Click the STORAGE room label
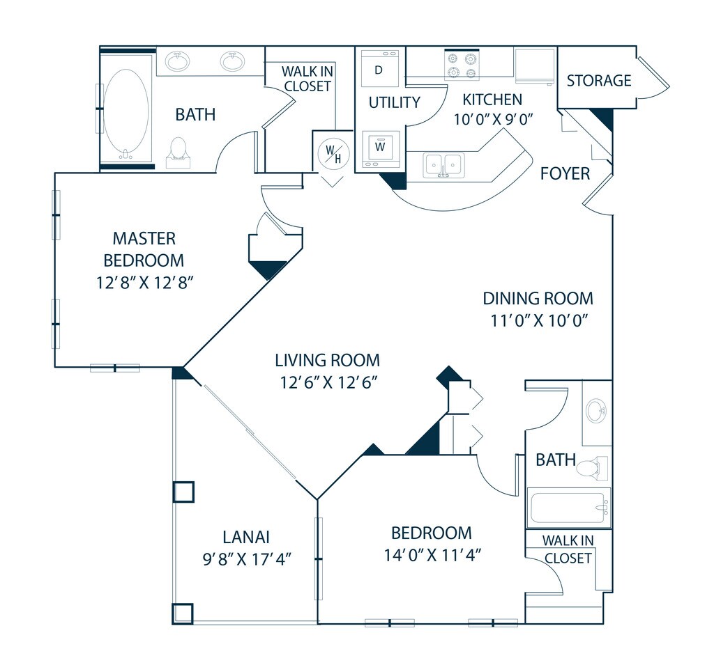(x=599, y=81)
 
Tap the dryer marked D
(x=380, y=68)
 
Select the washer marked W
(x=381, y=149)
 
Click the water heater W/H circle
(x=334, y=152)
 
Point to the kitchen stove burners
(x=462, y=65)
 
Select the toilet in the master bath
(x=178, y=152)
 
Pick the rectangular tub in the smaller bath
(x=569, y=508)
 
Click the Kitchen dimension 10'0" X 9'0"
(x=493, y=119)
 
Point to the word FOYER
(x=565, y=173)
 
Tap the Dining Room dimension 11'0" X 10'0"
(x=539, y=321)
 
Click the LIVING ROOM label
(x=328, y=360)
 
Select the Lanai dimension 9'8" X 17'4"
(x=246, y=559)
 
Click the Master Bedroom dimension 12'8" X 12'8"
(x=145, y=283)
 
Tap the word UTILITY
(x=395, y=102)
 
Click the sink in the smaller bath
(x=597, y=411)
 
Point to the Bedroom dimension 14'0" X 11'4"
(x=432, y=555)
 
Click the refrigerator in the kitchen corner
(x=535, y=66)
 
